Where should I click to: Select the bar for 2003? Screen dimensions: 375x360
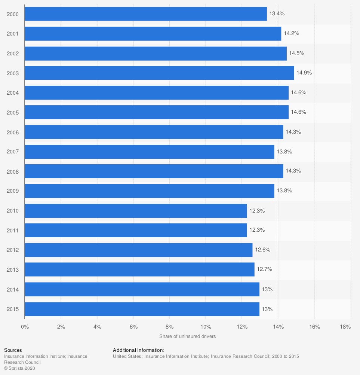pos(159,73)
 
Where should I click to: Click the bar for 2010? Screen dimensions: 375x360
pos(136,211)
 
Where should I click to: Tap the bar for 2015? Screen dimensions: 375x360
pos(142,309)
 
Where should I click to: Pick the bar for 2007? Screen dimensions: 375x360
pos(149,152)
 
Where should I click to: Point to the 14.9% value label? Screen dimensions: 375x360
pos(304,73)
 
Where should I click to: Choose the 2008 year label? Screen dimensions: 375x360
pos(13,171)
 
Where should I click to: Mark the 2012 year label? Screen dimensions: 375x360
pos(13,250)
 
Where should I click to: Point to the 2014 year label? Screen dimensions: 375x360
pos(13,289)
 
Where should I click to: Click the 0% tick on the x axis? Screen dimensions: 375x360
pos(25,327)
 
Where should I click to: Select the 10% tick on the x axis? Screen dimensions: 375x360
pos(206,327)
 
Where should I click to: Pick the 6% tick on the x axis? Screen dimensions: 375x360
pos(133,327)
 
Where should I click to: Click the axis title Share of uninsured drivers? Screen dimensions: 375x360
pos(187,336)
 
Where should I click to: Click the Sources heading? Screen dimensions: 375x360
pos(13,350)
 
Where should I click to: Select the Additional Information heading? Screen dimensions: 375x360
pos(139,350)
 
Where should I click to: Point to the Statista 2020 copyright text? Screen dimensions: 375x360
pos(20,368)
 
